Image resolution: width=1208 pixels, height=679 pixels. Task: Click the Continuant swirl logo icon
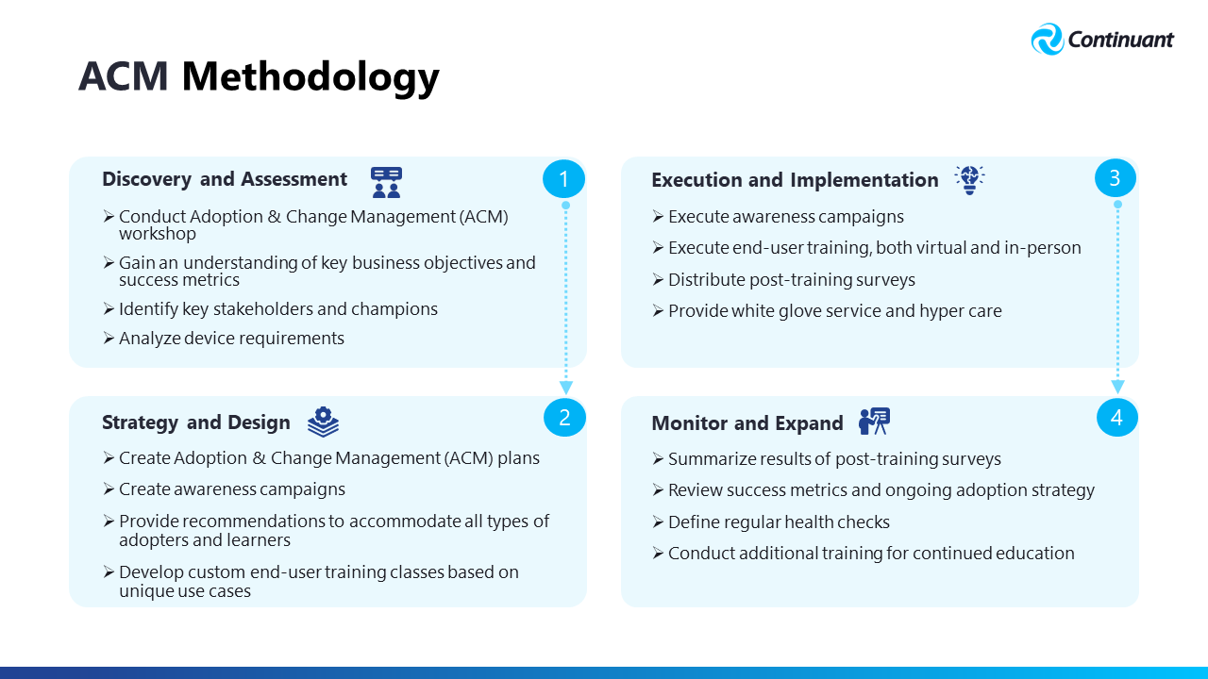[1047, 39]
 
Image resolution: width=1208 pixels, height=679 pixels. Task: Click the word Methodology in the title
[310, 77]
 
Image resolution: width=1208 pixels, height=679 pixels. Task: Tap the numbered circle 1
[563, 178]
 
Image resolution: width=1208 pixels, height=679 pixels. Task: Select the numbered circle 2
[564, 418]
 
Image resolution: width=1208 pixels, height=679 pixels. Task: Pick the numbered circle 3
[1116, 178]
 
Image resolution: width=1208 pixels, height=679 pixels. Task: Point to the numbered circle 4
[1116, 418]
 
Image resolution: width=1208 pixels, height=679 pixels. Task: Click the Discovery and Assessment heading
[225, 179]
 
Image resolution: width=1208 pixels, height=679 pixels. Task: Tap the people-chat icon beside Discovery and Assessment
[386, 182]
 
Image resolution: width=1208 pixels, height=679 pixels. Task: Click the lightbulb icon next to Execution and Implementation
[969, 179]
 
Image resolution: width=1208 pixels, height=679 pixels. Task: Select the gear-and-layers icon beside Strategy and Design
[323, 422]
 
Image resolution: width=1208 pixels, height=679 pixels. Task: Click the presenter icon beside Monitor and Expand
[874, 422]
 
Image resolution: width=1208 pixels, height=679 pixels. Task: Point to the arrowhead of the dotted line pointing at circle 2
[565, 388]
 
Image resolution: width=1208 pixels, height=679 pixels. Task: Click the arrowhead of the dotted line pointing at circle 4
[1117, 387]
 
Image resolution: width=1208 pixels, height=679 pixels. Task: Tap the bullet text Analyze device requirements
[231, 339]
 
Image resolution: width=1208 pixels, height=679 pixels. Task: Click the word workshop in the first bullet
[158, 234]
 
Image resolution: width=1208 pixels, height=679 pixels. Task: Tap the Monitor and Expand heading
[747, 423]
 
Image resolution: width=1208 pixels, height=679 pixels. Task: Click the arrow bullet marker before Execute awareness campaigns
[658, 217]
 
